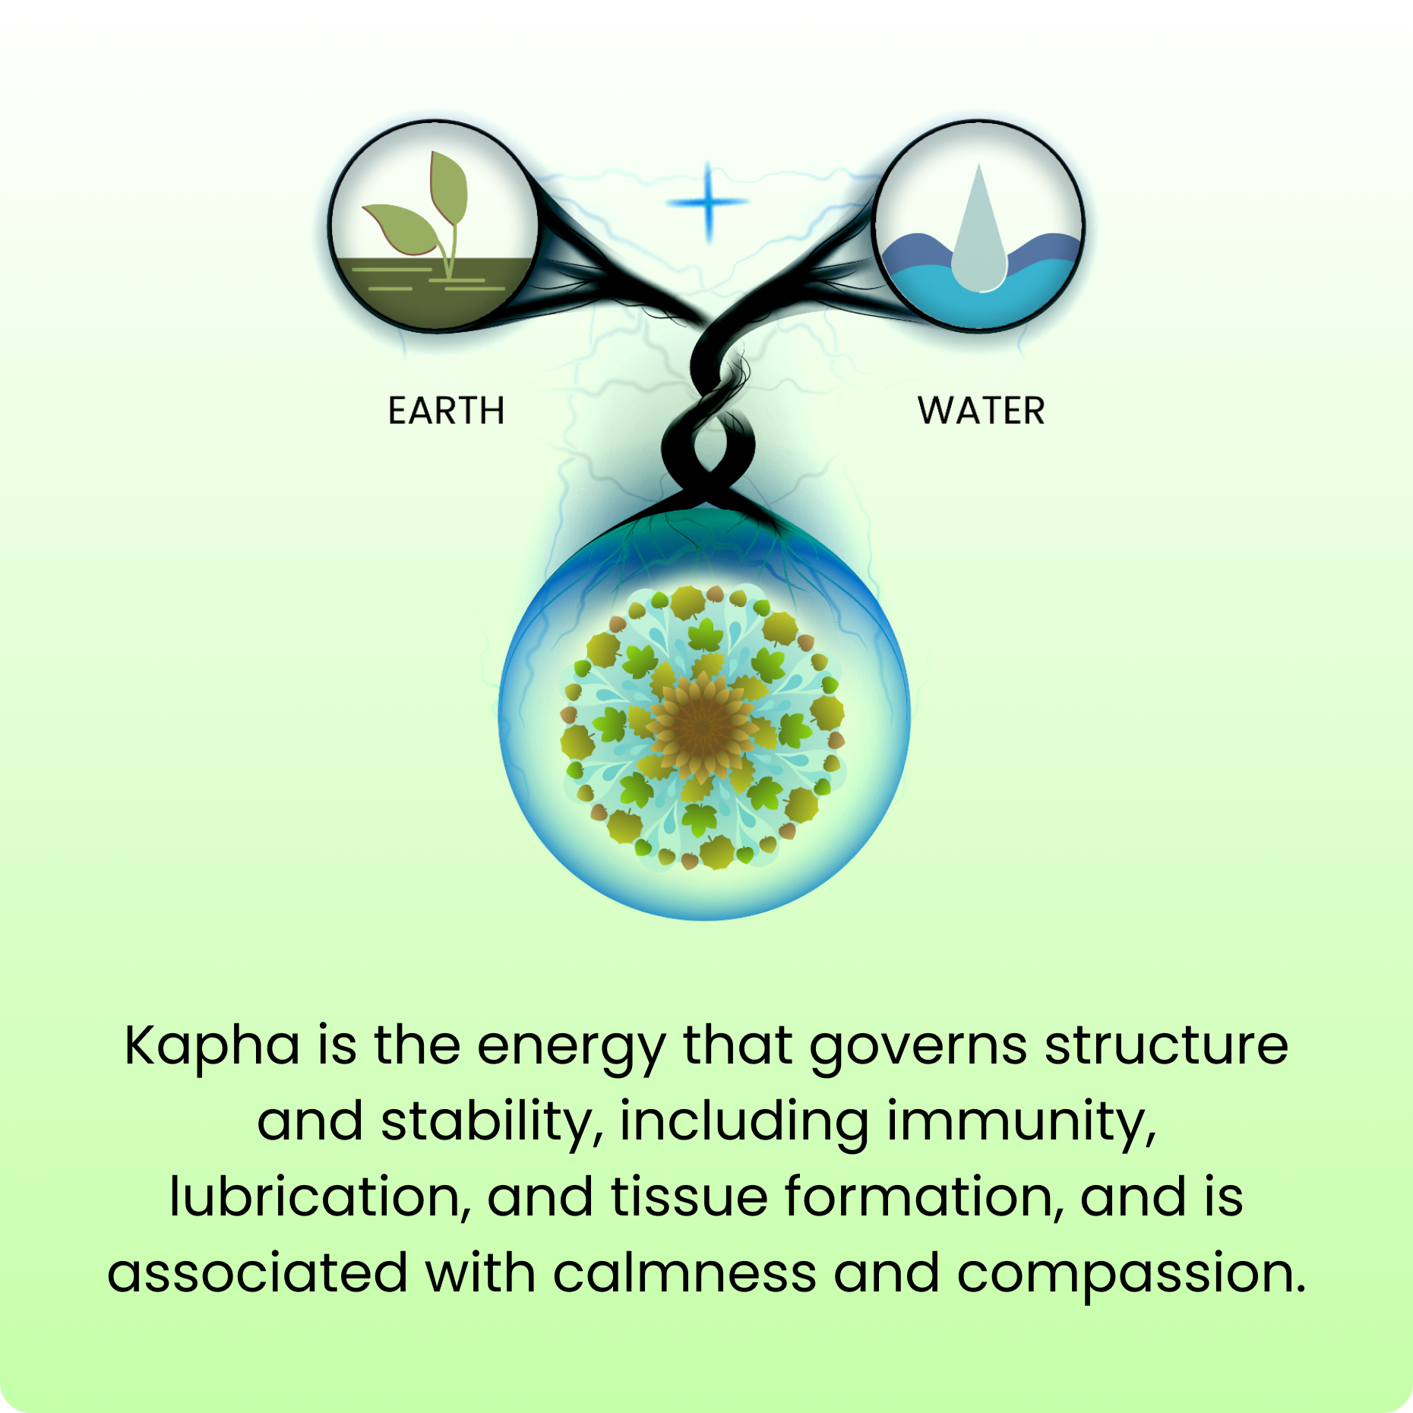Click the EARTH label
tap(446, 411)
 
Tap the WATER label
tap(981, 411)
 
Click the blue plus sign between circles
tap(708, 202)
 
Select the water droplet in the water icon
tap(979, 232)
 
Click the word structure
tap(1166, 1045)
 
